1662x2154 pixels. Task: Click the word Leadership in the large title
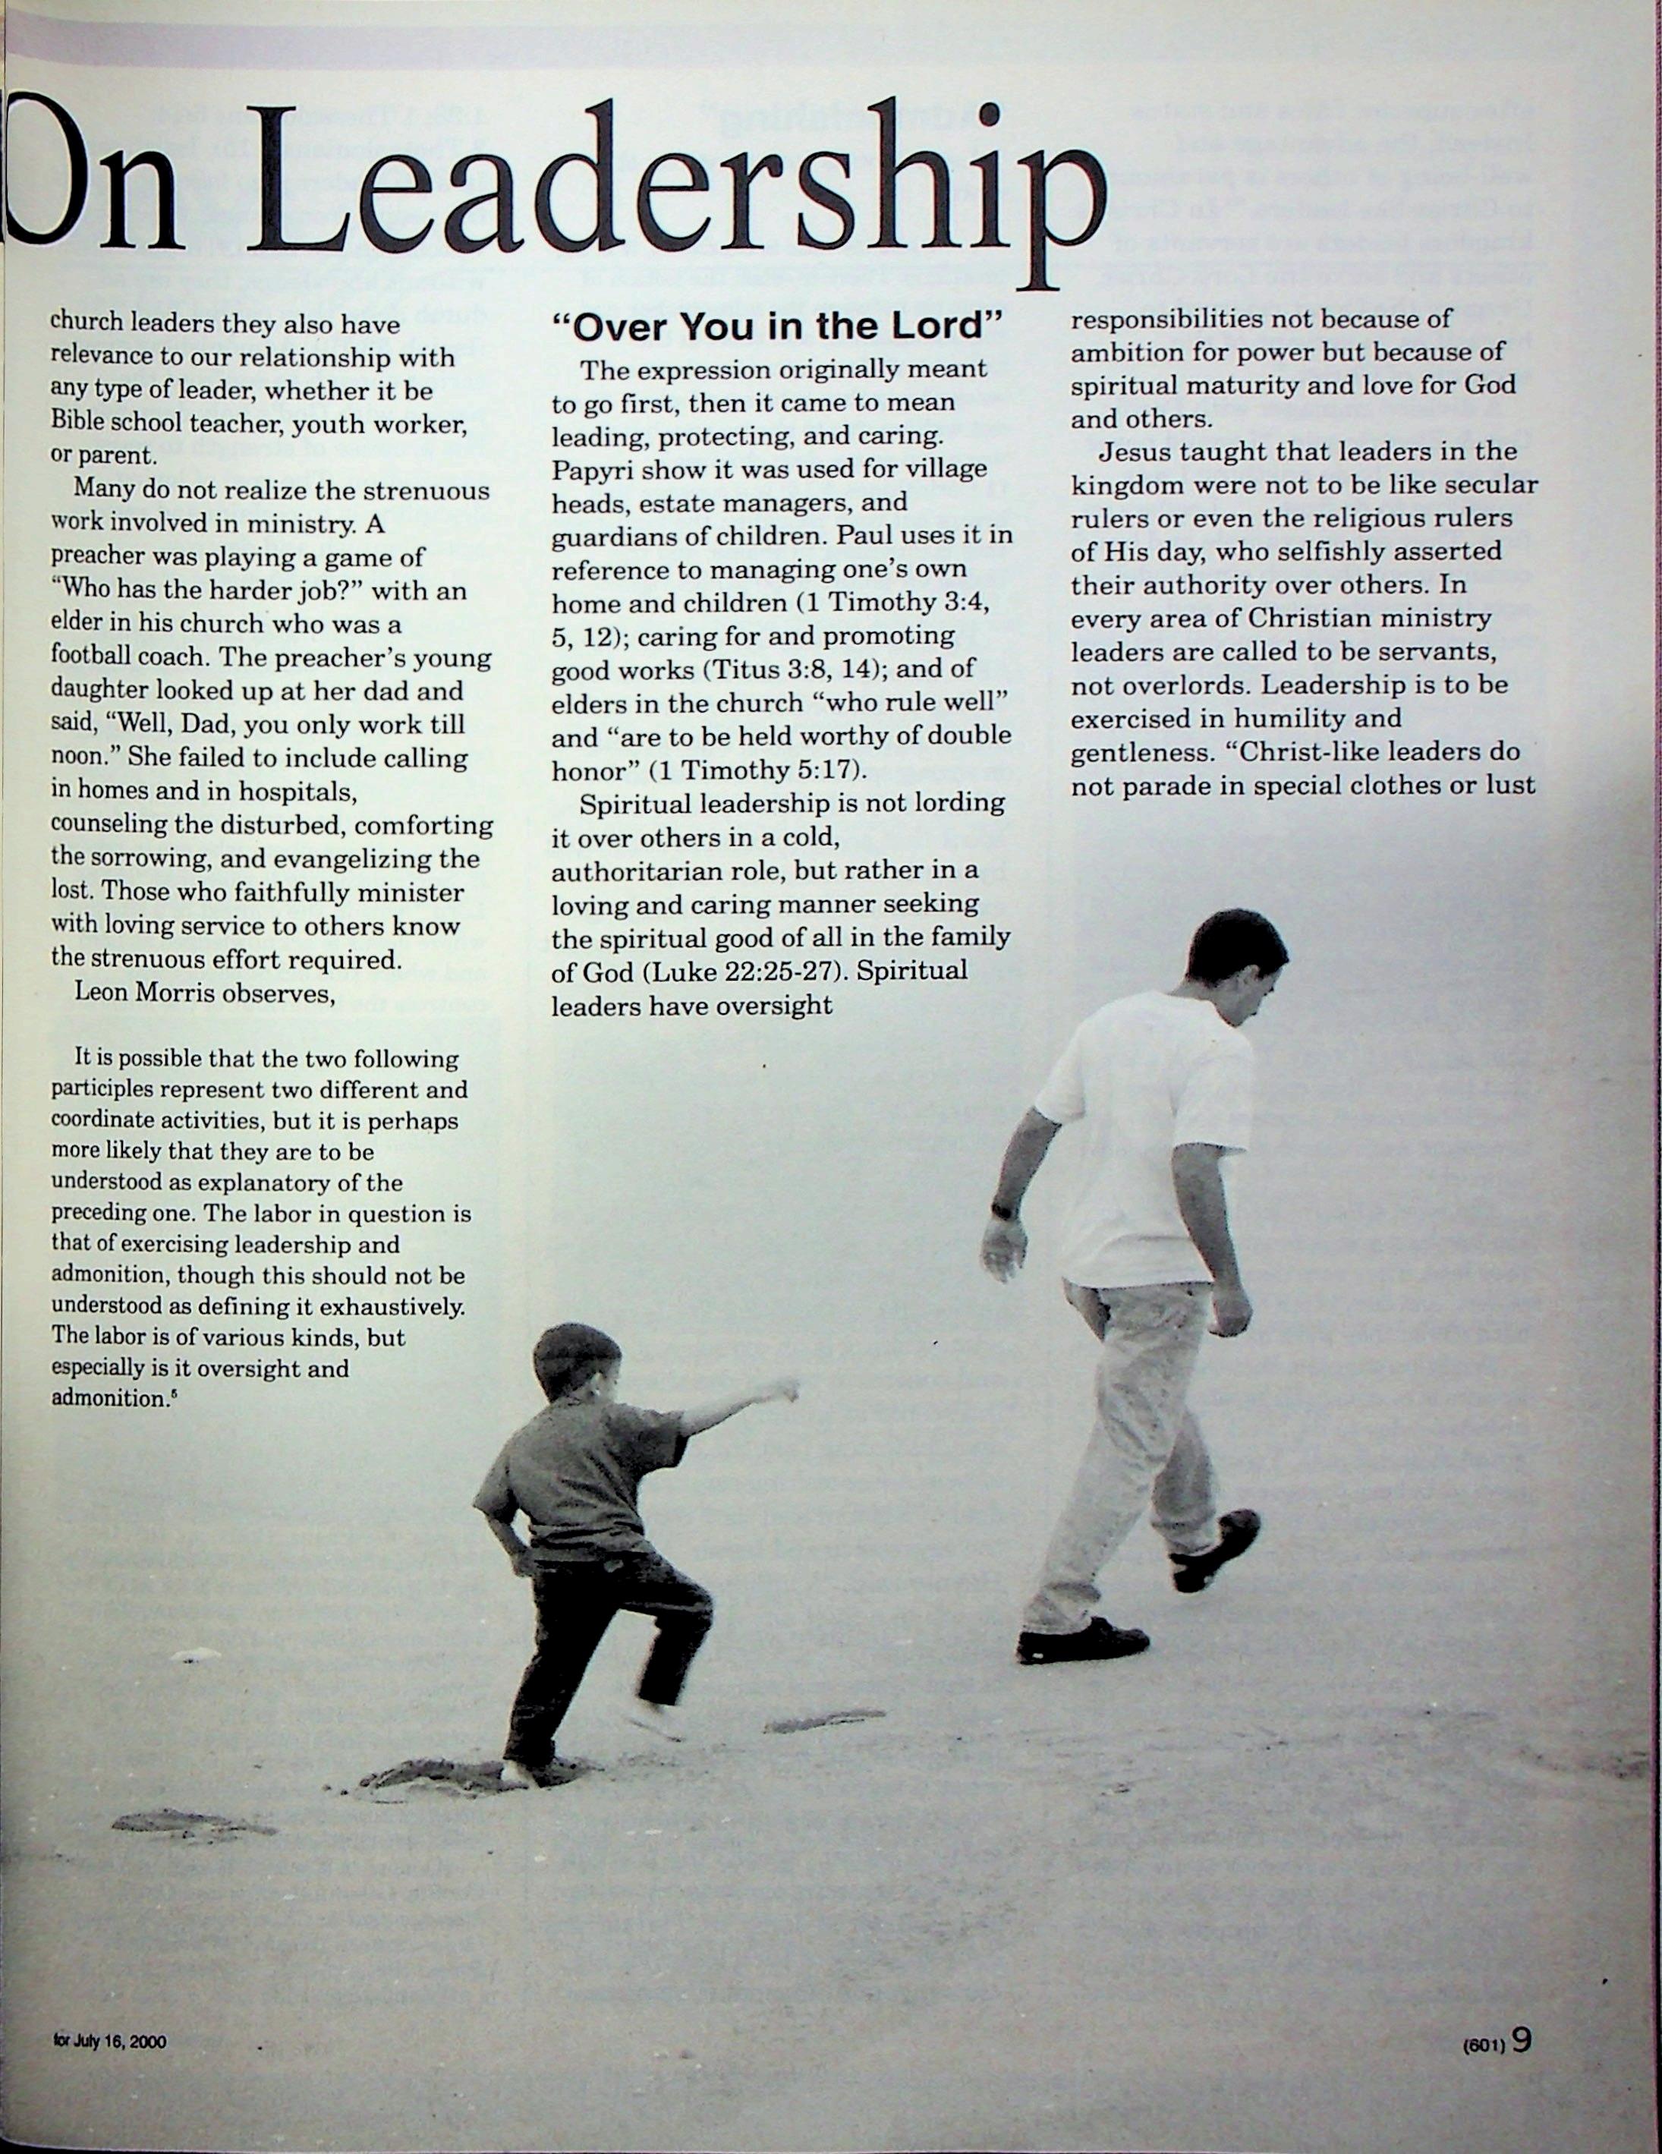pos(681,192)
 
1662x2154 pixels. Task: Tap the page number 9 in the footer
pos(1521,2039)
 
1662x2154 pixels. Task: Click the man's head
pos(1238,956)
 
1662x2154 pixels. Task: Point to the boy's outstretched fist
pos(786,1392)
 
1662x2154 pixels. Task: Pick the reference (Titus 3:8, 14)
pos(798,669)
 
